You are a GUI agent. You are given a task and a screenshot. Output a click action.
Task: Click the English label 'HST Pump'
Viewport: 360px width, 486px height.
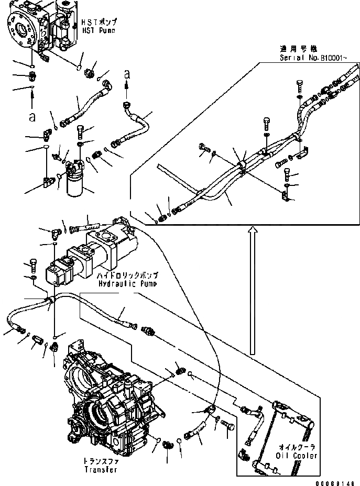point(97,31)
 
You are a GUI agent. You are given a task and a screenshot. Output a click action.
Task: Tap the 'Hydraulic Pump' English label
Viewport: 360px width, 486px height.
point(127,283)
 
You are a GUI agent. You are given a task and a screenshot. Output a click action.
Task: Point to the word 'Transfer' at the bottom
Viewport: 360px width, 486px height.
point(100,469)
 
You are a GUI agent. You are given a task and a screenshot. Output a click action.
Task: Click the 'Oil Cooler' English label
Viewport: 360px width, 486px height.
point(298,456)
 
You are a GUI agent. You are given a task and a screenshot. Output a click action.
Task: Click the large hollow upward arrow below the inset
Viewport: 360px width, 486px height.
point(253,294)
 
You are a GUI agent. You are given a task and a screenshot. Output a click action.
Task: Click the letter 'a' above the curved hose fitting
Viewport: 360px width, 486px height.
point(126,75)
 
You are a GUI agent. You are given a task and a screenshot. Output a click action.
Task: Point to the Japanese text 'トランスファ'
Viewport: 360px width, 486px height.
point(100,461)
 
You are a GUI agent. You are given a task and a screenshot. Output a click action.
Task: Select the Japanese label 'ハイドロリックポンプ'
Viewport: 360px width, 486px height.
point(128,275)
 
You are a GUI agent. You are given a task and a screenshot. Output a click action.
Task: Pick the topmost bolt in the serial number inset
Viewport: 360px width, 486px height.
point(300,85)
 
